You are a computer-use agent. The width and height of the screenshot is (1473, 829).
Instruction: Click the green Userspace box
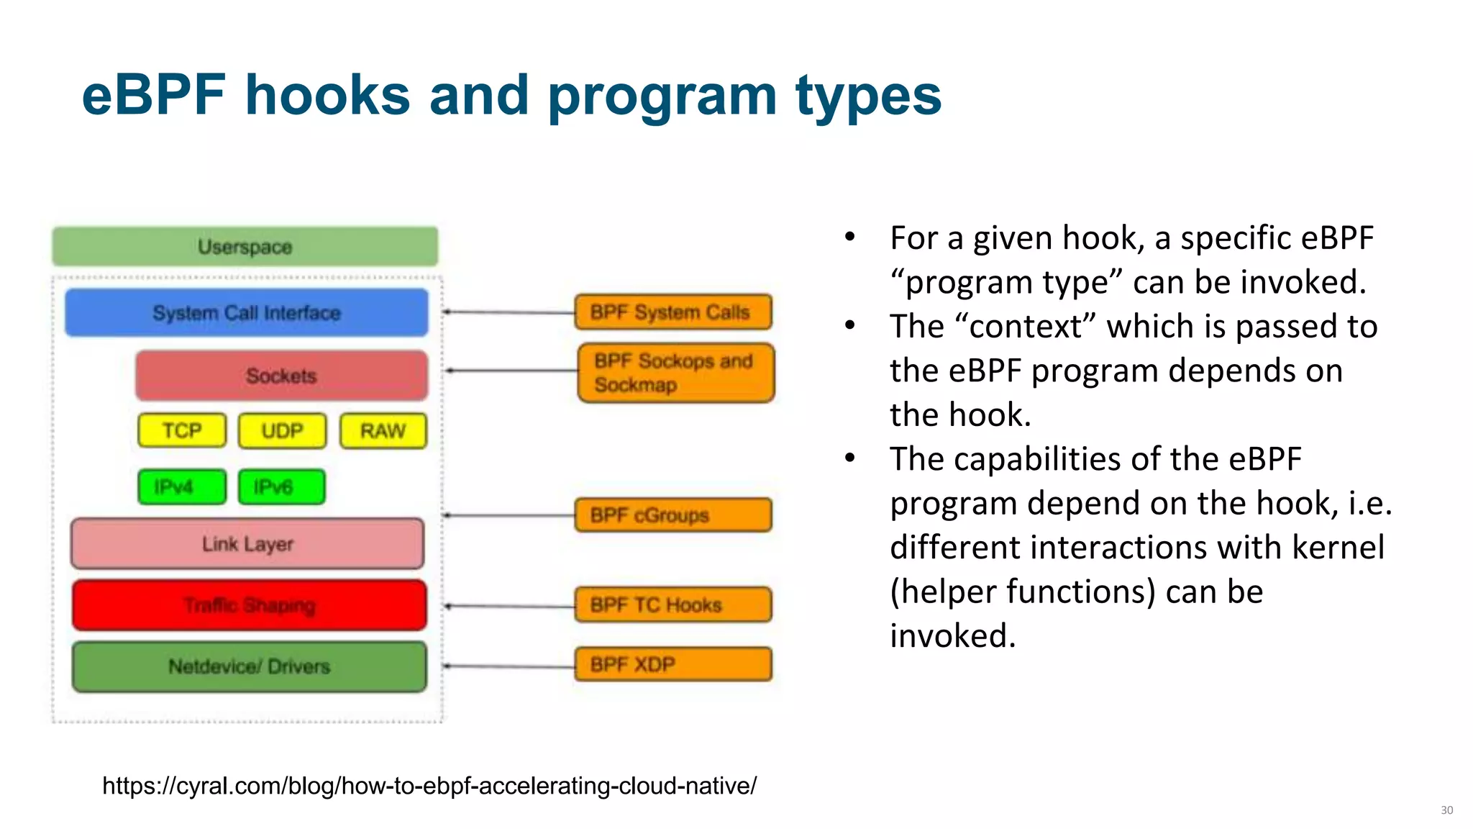245,247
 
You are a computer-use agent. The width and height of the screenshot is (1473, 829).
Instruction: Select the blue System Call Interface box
247,313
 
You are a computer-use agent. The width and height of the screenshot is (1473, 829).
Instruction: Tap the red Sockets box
281,376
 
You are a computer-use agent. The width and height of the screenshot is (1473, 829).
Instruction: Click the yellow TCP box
182,431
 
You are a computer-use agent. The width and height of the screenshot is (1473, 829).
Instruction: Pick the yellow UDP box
282,431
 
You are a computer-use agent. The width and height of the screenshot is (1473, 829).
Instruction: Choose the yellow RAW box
383,431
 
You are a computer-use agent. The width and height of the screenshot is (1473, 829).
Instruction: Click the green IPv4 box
181,487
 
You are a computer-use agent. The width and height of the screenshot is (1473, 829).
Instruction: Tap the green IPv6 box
281,487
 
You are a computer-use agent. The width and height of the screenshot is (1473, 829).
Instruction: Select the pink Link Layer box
247,544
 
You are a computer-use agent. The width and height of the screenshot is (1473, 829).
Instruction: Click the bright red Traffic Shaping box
249,605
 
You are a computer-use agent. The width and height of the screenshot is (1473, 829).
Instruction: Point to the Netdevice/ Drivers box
249,666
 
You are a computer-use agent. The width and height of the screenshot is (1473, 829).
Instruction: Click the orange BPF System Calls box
673,312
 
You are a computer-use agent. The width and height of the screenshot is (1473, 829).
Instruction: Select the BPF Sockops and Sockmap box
676,373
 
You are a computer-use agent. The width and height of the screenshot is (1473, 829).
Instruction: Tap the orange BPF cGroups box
673,515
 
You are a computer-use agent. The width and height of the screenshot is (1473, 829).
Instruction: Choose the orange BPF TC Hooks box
673,604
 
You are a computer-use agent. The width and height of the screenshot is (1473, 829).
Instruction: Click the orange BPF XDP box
673,664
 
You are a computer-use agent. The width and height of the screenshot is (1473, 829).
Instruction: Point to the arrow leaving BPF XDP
509,666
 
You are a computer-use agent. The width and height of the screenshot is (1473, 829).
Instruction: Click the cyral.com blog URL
429,786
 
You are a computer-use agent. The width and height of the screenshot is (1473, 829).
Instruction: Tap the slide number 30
1446,810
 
